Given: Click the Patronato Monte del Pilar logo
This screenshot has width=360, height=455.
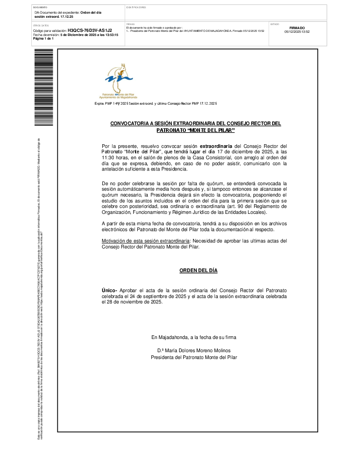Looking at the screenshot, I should point(119,81).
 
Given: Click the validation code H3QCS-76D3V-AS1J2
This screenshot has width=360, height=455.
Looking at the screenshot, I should point(90,30).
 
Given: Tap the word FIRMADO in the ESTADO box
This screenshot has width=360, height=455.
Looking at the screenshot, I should point(297,28).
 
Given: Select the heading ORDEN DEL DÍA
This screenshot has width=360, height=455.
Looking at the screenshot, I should point(198,271).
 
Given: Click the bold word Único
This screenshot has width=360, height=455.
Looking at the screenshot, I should point(109,290).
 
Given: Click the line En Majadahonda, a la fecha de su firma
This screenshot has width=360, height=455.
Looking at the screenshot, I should point(194,338).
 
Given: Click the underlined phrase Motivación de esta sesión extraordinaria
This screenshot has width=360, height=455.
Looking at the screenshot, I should point(145,241).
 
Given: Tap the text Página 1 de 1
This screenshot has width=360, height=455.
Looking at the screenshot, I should point(44,39).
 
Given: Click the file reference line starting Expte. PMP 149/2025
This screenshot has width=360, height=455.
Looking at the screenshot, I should point(155,104).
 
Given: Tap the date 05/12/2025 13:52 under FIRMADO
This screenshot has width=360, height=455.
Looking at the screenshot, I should point(297,32).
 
